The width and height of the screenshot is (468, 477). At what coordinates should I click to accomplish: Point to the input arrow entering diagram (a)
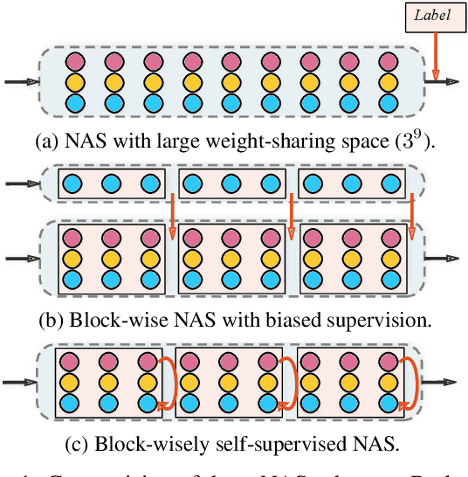pyautogui.click(x=20, y=81)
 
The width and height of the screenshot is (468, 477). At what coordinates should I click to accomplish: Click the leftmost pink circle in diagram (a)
pyautogui.click(x=73, y=62)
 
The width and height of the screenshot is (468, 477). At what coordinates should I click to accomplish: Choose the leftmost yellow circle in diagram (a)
pyautogui.click(x=73, y=82)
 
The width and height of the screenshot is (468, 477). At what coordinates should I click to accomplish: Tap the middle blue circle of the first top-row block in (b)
pyautogui.click(x=111, y=185)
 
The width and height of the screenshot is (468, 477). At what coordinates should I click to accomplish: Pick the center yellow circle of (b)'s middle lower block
pyautogui.click(x=231, y=259)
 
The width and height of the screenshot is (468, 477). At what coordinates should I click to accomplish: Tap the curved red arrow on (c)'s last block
pyautogui.click(x=409, y=382)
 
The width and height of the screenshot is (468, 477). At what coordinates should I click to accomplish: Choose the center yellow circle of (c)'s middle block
pyautogui.click(x=231, y=382)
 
